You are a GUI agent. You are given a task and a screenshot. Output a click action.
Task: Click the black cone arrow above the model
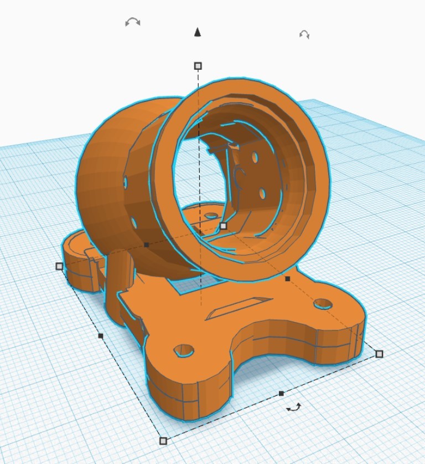[198, 33]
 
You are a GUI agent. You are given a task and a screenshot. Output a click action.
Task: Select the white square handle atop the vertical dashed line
[198, 66]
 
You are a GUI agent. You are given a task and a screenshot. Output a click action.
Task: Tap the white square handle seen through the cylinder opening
[223, 226]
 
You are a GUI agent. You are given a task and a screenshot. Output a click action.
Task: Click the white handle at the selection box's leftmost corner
[59, 266]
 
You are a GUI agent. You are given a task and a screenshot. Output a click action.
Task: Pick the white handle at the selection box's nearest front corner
[163, 441]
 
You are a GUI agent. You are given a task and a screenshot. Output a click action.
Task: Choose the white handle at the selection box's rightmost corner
[379, 354]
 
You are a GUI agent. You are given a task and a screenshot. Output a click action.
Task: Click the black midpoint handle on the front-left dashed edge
[100, 335]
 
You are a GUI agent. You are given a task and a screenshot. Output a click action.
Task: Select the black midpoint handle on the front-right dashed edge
[281, 393]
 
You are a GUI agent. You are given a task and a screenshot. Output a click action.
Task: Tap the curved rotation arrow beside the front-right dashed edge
[293, 408]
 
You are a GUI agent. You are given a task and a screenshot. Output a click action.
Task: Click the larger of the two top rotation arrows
[132, 22]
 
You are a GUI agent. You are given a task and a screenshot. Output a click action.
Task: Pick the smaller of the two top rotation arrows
[304, 34]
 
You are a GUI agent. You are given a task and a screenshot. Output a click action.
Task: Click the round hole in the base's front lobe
[184, 350]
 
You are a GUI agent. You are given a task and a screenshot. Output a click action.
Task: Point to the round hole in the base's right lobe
[322, 303]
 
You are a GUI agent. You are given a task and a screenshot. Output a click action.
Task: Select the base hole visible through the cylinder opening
[210, 215]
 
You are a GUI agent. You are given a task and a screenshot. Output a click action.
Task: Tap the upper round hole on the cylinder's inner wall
[255, 157]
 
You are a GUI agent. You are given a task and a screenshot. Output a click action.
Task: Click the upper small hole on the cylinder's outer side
[126, 182]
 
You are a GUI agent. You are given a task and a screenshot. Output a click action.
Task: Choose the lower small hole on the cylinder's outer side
[134, 222]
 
